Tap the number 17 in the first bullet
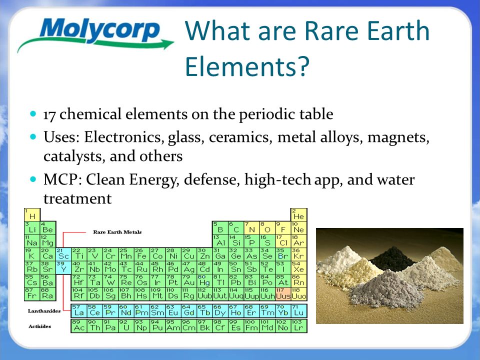coord(49,114)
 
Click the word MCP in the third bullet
coord(59,179)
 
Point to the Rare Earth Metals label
coord(117,232)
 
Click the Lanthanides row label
coord(44,310)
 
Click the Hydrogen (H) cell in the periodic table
coord(32,215)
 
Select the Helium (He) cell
coord(299,215)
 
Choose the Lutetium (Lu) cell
coord(299,310)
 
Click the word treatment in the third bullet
coord(77,198)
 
